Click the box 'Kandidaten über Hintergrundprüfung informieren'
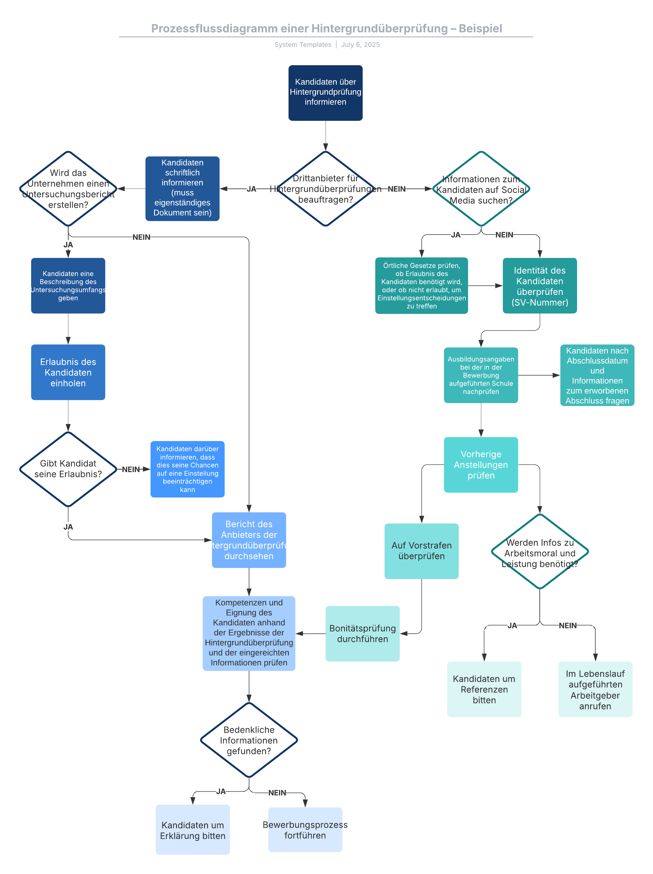(325, 93)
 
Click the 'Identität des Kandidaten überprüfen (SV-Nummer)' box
(539, 286)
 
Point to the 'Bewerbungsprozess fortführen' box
(305, 829)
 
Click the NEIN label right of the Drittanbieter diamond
(397, 189)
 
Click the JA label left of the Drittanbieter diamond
(252, 189)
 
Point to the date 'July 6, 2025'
(360, 45)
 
